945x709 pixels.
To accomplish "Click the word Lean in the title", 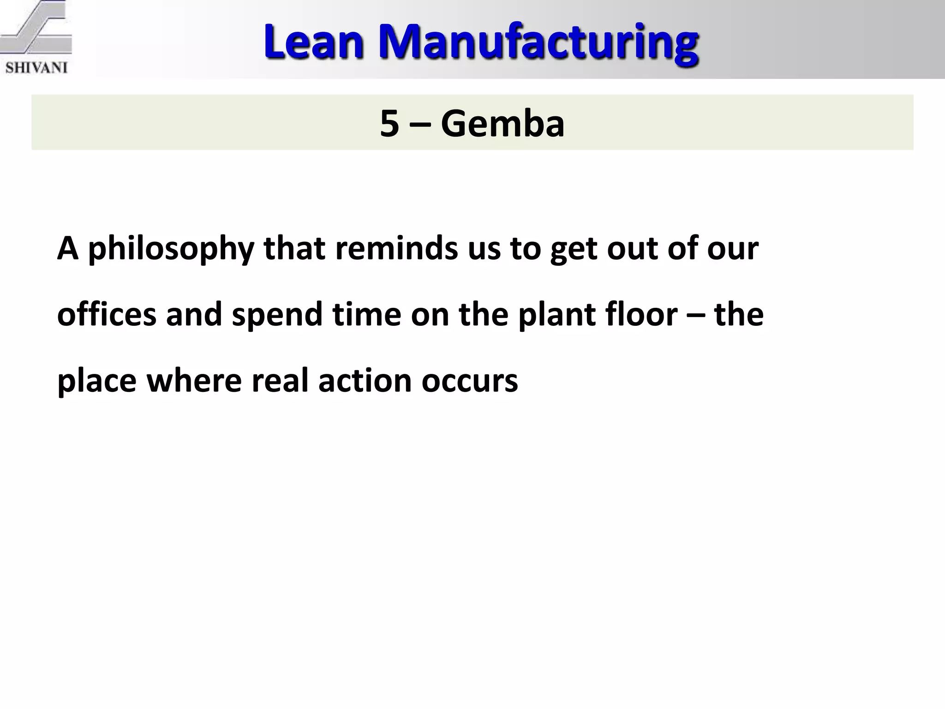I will [314, 42].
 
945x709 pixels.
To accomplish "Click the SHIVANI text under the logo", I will [36, 68].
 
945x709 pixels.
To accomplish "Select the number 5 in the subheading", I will [389, 124].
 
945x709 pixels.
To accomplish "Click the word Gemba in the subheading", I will [502, 124].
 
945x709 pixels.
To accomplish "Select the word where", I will [194, 381].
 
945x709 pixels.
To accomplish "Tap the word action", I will [365, 381].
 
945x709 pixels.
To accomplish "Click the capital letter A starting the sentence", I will [67, 248].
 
